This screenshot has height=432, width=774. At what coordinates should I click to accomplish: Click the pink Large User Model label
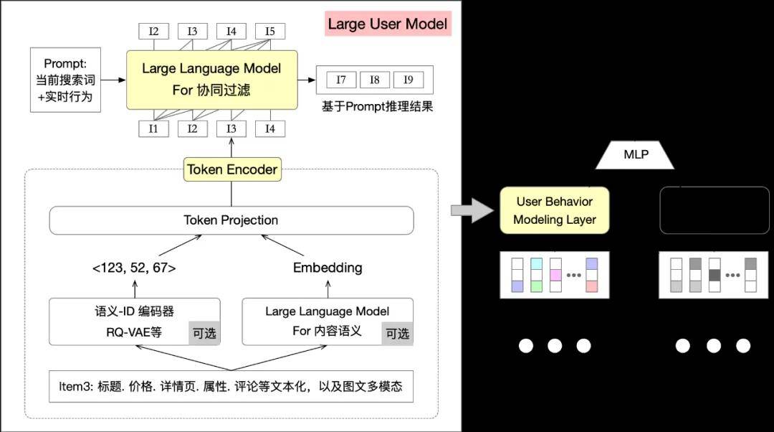point(388,24)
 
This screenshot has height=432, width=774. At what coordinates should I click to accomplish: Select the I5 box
point(270,31)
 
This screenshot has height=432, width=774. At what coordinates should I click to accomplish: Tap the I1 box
point(153,129)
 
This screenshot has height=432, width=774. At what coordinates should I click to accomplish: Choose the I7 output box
point(341,80)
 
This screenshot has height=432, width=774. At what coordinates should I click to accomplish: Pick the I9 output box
point(408,80)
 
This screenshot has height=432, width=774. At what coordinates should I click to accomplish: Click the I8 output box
point(375,80)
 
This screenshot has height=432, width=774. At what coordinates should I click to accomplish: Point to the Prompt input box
point(66,80)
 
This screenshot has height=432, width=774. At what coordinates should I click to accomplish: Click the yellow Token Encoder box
point(232,169)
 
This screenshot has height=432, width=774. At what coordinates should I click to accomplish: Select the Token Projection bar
point(231,220)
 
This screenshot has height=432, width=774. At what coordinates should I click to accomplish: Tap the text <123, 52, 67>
point(134,268)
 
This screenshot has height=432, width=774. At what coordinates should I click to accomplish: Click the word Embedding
point(328,268)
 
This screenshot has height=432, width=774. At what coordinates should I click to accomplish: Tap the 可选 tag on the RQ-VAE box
point(204,333)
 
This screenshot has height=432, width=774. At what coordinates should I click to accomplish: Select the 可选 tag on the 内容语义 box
point(397,334)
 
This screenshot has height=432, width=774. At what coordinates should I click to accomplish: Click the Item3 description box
point(231,387)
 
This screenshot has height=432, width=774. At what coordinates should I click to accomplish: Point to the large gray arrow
point(472,210)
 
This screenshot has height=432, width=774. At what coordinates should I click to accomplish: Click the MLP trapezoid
point(635,155)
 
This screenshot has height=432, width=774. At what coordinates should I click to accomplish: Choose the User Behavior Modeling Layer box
point(554,210)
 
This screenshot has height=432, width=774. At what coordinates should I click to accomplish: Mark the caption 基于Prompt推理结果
point(378,106)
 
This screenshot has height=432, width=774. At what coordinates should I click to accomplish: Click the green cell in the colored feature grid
point(537,286)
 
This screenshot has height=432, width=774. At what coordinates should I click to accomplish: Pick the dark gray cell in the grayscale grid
point(715,275)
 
